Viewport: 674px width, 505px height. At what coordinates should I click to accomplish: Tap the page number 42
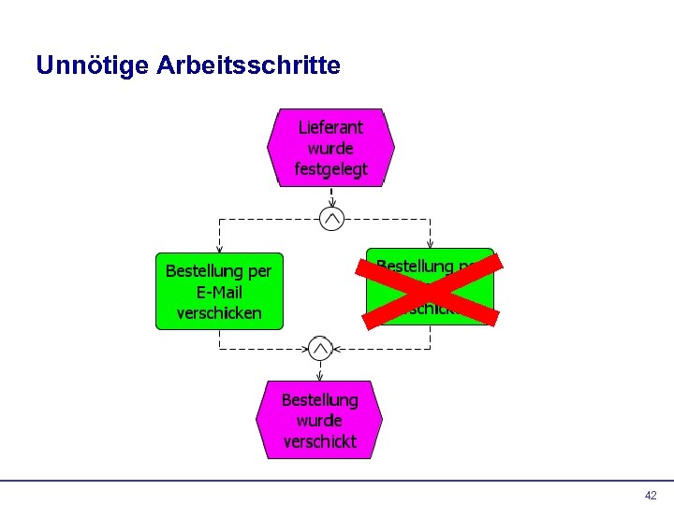(x=651, y=496)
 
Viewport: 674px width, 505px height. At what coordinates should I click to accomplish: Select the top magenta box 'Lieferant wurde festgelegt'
(x=331, y=148)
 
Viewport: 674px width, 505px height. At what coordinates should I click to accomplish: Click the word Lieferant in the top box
(x=330, y=127)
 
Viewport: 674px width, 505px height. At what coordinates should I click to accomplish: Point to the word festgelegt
(x=330, y=169)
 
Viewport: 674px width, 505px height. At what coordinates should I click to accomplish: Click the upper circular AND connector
(x=331, y=219)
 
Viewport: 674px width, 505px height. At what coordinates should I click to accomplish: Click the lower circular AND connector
(x=320, y=350)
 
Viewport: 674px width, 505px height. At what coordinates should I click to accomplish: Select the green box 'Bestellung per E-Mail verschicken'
(x=219, y=291)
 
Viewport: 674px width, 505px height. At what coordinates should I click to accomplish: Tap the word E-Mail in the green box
(x=219, y=292)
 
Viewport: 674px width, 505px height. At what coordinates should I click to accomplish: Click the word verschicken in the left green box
(x=219, y=312)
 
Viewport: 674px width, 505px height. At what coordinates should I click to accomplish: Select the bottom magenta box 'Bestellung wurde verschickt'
(x=319, y=420)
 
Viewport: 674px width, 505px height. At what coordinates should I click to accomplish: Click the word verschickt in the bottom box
(x=319, y=441)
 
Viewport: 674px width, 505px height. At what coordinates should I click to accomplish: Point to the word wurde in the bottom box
(x=319, y=421)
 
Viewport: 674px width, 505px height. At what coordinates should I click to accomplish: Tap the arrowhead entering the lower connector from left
(x=304, y=350)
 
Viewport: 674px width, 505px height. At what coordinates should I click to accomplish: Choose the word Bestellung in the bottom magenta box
(x=319, y=399)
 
